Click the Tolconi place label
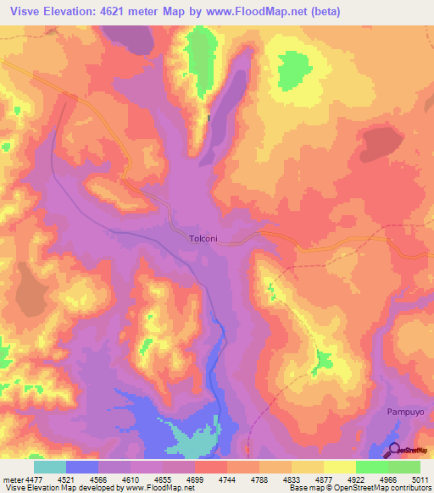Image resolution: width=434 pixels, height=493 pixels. (x=203, y=239)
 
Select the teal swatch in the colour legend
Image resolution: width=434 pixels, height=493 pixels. (x=49, y=467)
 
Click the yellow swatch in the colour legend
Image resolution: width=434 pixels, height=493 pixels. (x=340, y=467)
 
